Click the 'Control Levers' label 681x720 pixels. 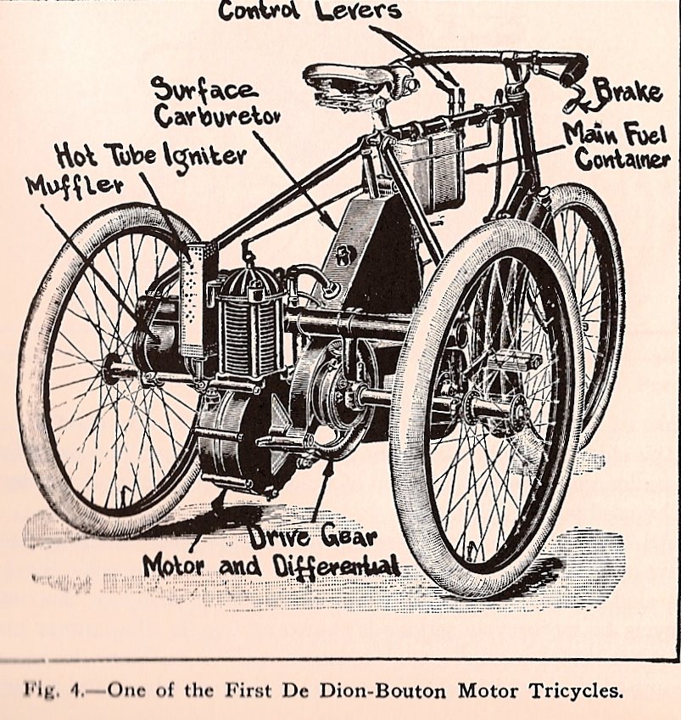(x=311, y=10)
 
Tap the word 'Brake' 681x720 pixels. (x=628, y=92)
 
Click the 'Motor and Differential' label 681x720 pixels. (x=271, y=567)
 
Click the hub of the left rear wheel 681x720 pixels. (x=111, y=368)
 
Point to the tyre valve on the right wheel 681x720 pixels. (x=472, y=549)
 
